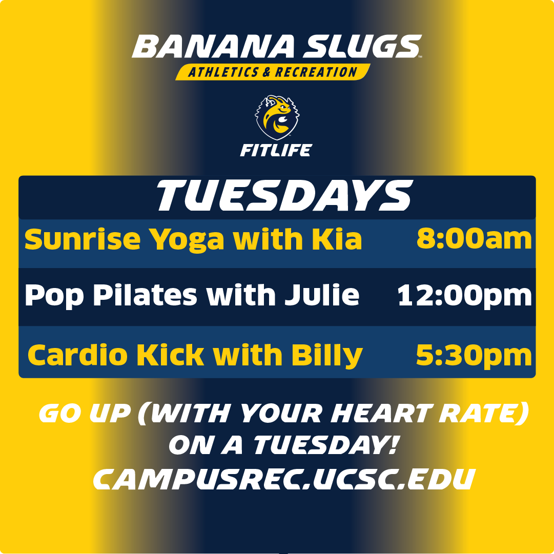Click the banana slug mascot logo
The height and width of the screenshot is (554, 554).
(277, 117)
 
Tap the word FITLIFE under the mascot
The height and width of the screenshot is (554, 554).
(276, 151)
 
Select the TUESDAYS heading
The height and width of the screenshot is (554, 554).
(284, 196)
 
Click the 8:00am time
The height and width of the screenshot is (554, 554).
(474, 239)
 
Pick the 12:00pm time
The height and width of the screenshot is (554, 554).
(465, 296)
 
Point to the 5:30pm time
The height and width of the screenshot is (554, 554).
(474, 355)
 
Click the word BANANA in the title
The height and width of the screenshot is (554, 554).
(214, 47)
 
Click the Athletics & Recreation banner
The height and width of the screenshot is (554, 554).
(273, 72)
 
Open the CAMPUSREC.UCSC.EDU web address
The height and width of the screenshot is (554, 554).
(283, 479)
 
